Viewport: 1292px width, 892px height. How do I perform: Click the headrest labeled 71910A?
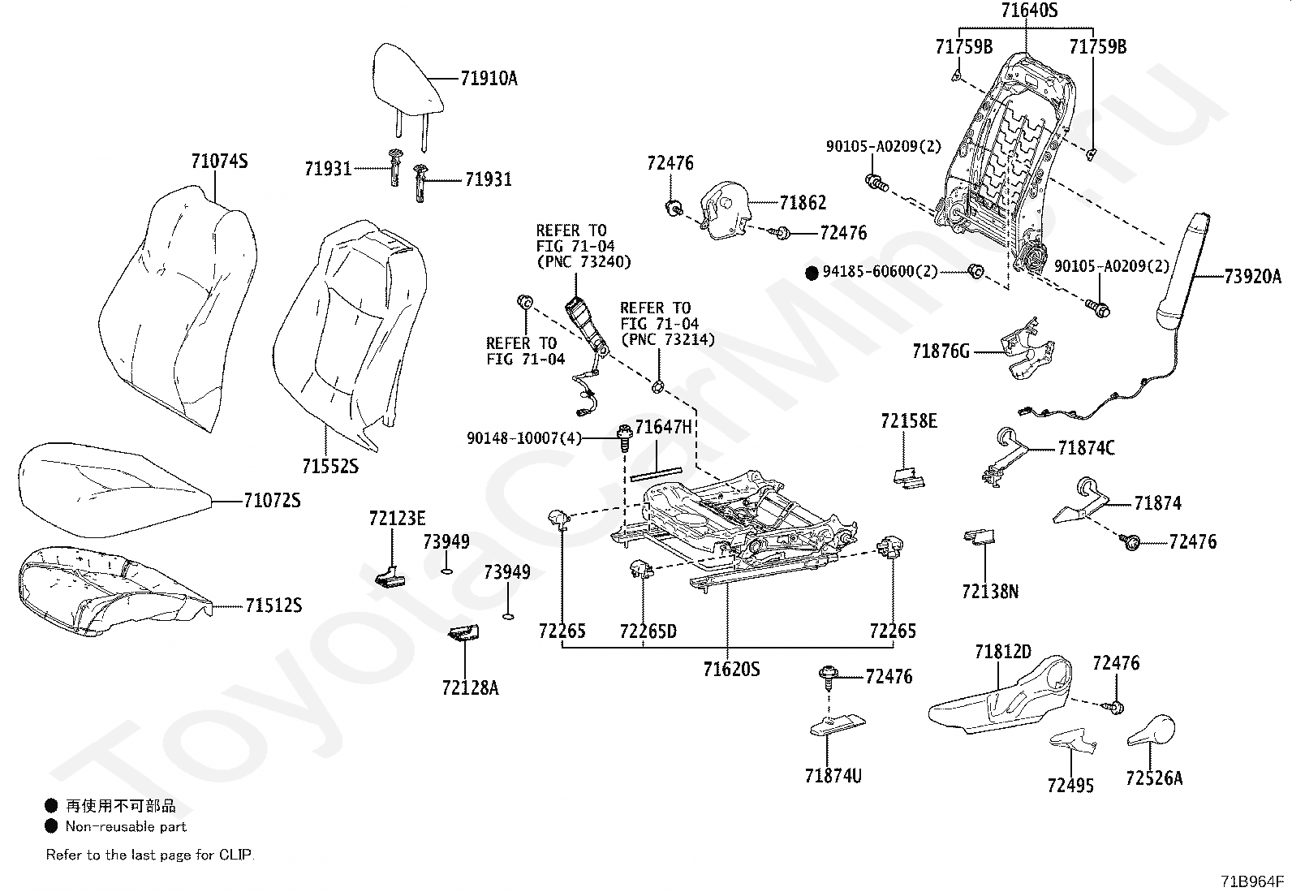click(407, 81)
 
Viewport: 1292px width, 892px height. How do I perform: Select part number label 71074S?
click(219, 161)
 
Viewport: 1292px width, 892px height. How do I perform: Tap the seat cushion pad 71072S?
click(113, 489)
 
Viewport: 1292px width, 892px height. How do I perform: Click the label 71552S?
click(330, 466)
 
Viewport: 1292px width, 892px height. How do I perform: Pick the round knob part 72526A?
click(1152, 730)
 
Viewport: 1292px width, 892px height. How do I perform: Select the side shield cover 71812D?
click(1001, 697)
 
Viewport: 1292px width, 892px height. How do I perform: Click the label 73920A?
click(1252, 277)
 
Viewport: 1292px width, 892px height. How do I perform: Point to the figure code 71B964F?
click(1251, 881)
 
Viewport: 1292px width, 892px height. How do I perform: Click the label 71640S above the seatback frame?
click(1029, 10)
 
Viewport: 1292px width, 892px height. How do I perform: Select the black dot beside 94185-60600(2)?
click(812, 273)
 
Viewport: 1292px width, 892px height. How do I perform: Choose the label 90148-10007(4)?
click(524, 438)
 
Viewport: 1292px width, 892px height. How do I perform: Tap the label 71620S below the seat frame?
click(731, 669)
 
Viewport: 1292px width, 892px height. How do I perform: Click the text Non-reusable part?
click(126, 826)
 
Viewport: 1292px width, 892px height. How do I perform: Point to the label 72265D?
click(648, 631)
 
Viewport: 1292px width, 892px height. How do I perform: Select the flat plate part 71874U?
click(838, 725)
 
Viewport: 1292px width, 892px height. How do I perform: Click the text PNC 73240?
click(584, 262)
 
